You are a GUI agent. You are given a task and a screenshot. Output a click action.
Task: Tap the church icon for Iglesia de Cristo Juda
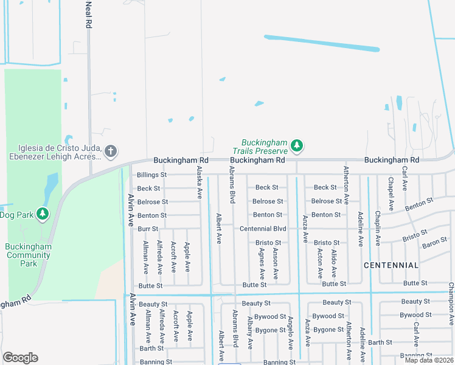point(110,150)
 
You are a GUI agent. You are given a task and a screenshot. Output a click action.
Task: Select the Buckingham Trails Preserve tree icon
point(297,145)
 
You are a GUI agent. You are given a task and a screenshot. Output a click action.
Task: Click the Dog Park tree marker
point(42,214)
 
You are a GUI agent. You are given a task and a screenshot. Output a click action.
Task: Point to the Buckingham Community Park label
point(29,255)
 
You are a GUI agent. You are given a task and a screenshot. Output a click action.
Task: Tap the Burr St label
point(148,229)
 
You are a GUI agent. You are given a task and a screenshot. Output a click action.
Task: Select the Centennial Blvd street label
point(263,229)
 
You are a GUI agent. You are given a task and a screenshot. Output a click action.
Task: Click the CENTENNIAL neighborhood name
point(391,265)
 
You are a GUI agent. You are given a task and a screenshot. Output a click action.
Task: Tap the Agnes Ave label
point(261,263)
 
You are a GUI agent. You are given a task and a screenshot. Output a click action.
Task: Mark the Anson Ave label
point(276,263)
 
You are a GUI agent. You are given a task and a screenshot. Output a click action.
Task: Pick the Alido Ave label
point(334,264)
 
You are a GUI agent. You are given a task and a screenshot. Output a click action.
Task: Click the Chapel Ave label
point(391,190)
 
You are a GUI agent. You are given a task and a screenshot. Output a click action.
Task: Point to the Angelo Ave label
point(291,332)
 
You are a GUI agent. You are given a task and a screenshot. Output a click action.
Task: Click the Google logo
point(21,358)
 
